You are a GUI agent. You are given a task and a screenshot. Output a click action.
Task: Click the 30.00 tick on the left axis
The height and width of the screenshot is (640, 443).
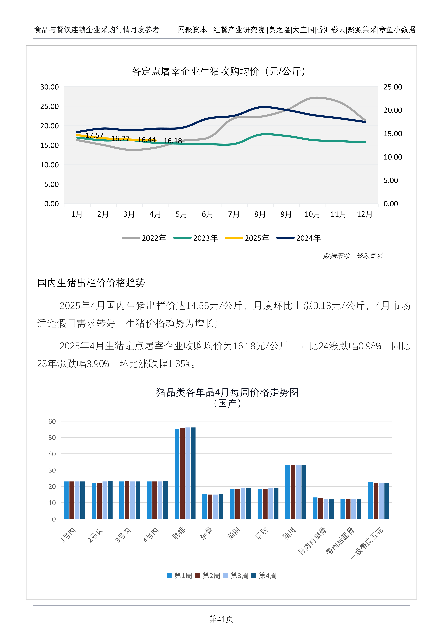(49, 87)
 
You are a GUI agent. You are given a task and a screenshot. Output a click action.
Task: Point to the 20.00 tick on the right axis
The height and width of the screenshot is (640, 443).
(393, 110)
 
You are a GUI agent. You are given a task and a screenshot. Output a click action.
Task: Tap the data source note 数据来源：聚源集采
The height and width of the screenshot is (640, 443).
(353, 256)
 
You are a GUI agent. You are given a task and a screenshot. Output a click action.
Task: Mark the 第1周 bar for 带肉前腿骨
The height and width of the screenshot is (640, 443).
(315, 508)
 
